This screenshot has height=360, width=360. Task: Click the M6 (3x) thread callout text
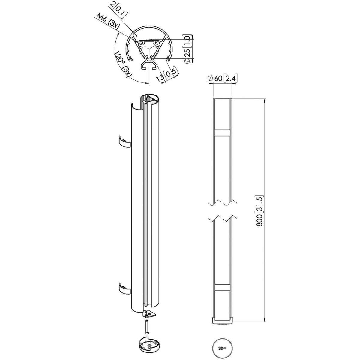click(x=108, y=23)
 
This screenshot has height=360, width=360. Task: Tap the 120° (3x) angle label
click(x=123, y=64)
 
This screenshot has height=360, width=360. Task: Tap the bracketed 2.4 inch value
click(x=230, y=79)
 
